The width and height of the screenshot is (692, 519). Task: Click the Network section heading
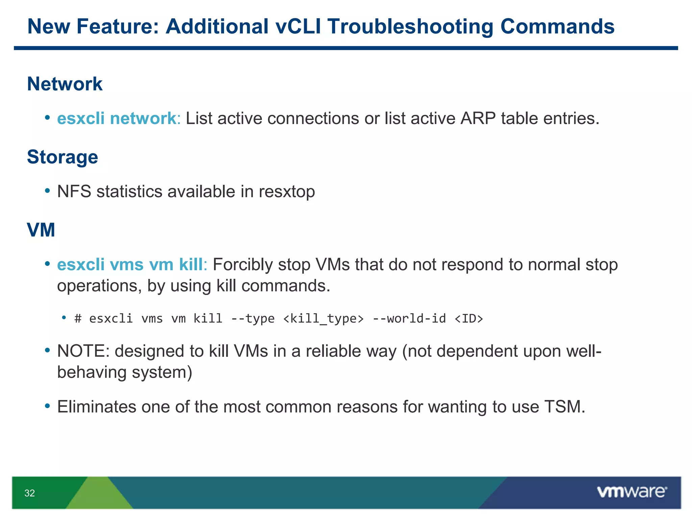point(65,84)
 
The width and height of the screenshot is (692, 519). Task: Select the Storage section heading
point(63,157)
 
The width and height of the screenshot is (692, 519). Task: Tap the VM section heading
point(41,230)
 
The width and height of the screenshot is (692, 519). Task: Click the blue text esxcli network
point(117,119)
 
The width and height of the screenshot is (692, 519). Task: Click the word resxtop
point(287,192)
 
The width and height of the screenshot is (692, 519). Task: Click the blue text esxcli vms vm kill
point(130,265)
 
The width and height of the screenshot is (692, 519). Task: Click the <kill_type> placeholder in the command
point(323,319)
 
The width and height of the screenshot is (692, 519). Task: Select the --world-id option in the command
point(409,319)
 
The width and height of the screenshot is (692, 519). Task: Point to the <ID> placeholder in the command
point(469,319)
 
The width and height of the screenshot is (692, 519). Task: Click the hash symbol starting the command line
point(78,319)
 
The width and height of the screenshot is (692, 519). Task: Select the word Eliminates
point(97,407)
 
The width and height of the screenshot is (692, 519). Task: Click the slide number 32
point(30,493)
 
